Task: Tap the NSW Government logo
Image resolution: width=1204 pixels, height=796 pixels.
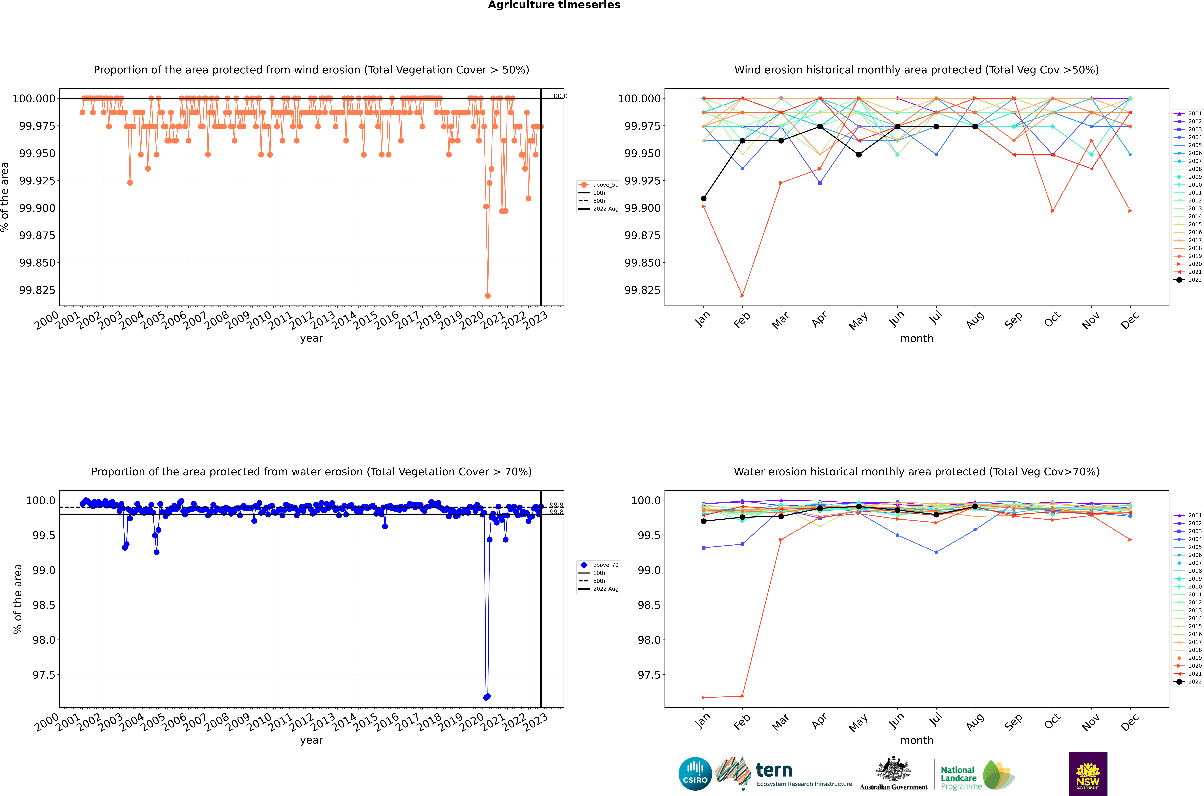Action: [x=1088, y=774]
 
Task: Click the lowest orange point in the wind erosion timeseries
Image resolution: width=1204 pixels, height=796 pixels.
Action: [x=488, y=295]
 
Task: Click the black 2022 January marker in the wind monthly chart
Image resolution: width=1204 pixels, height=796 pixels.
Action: [x=703, y=198]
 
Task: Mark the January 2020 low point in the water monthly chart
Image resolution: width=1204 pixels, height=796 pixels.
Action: [x=703, y=697]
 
